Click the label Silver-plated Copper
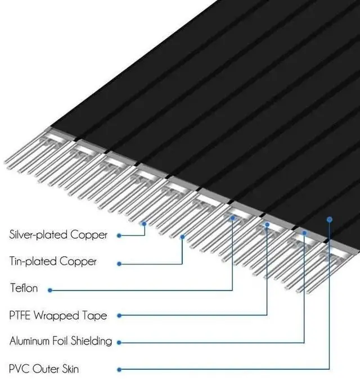(58, 235)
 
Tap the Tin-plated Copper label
(53, 261)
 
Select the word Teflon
(24, 288)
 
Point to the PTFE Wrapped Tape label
(58, 315)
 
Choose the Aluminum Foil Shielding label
(61, 341)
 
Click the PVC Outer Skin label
(44, 369)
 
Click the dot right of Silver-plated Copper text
(118, 235)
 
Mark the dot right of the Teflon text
(50, 290)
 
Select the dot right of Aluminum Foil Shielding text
(118, 342)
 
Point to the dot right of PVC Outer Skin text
(118, 369)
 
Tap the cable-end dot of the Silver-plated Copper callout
(145, 224)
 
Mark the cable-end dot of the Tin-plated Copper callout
(183, 237)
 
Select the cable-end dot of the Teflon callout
(232, 219)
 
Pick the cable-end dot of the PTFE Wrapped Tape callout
(267, 224)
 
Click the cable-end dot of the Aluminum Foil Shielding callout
(304, 232)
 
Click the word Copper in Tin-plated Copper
(80, 261)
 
